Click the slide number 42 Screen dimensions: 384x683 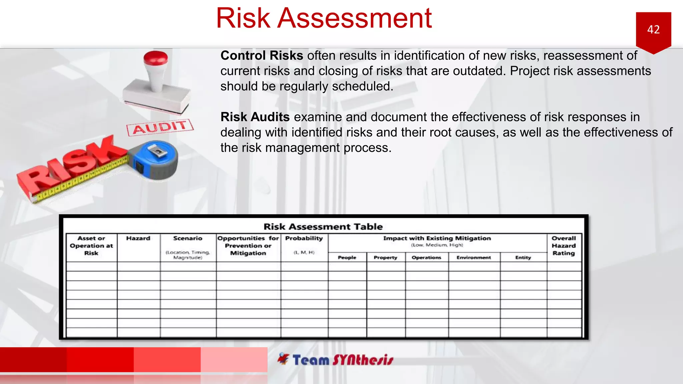pos(653,30)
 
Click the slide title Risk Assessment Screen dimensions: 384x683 pos(324,18)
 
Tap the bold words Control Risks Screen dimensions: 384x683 pos(262,56)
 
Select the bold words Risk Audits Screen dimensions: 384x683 pos(255,117)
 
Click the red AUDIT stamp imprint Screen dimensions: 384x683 pos(160,127)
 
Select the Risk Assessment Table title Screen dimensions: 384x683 pos(323,227)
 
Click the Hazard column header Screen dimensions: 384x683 pos(138,238)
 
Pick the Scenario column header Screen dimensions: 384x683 pos(188,238)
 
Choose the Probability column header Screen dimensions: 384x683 pos(304,238)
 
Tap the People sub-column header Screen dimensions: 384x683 pos(347,257)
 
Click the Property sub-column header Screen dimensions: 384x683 pos(386,257)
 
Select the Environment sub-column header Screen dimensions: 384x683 pos(474,257)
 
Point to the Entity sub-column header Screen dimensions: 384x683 pos(523,257)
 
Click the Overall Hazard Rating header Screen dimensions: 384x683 pos(564,246)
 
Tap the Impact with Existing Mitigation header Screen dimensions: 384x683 pos(437,238)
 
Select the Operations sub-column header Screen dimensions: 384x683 pos(426,257)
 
